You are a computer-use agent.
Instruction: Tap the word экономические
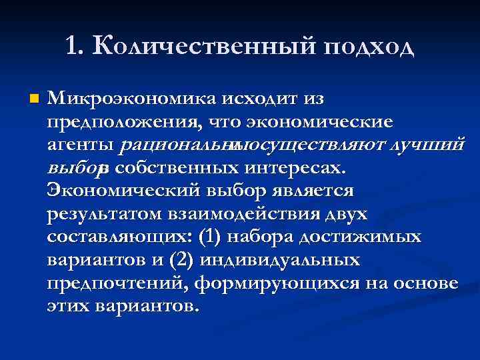point(320,123)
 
